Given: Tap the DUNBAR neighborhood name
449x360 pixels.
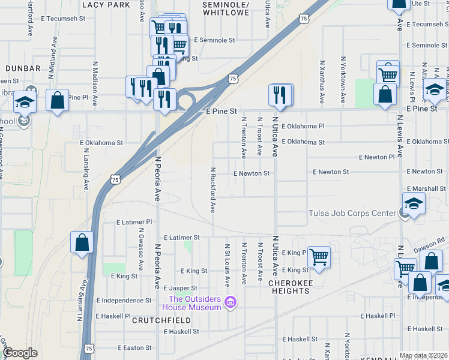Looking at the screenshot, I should point(23,69).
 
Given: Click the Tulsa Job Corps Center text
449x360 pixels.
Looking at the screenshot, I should point(352,213).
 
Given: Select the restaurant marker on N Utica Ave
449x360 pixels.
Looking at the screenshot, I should point(280,95).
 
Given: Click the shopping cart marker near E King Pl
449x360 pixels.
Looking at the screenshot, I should point(319,257).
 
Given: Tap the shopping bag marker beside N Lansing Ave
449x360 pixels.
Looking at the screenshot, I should point(82,243).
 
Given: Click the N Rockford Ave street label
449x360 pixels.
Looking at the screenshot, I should point(212,190).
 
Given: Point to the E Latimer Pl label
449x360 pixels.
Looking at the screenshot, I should point(134,222).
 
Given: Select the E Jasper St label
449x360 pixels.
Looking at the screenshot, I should point(179,289).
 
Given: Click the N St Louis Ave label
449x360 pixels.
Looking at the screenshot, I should point(228,265).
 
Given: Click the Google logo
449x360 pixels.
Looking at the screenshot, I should point(20,353).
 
